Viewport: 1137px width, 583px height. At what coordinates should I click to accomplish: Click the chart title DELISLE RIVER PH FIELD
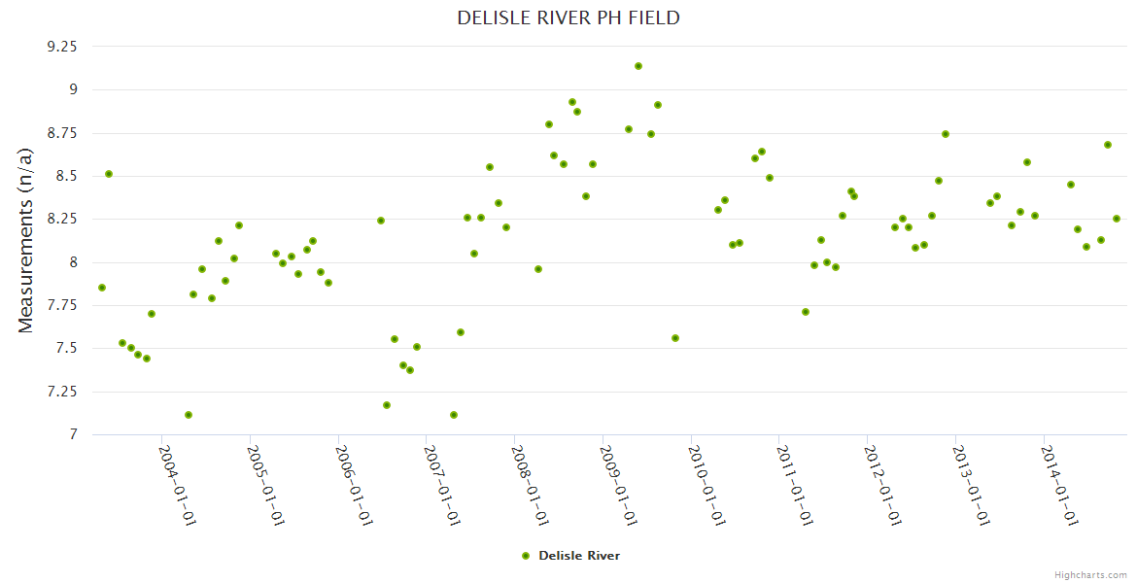point(568,18)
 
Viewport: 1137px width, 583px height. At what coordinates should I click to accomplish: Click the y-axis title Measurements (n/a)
point(26,240)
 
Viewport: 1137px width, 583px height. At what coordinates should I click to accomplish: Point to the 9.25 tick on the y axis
point(62,46)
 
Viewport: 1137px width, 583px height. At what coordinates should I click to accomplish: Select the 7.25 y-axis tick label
point(62,392)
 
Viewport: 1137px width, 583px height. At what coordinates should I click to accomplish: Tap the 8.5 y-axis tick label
point(68,176)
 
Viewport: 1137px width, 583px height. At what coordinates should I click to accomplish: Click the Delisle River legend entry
point(570,556)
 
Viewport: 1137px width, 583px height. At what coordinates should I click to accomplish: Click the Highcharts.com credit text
point(1090,574)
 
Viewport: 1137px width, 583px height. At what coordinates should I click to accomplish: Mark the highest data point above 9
point(638,66)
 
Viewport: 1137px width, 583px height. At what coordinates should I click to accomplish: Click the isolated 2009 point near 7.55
point(675,338)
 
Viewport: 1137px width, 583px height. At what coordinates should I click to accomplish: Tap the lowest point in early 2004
point(189,415)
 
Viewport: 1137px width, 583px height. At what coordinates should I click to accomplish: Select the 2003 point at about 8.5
point(109,174)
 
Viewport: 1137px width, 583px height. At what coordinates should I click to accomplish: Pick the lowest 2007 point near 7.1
point(454,415)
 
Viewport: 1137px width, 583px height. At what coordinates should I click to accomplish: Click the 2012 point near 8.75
point(946,134)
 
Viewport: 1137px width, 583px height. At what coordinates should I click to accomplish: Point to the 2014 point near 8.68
point(1108,145)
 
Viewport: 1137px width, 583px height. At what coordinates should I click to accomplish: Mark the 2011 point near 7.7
point(806,312)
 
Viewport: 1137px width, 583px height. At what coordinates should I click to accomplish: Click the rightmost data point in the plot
point(1117,219)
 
